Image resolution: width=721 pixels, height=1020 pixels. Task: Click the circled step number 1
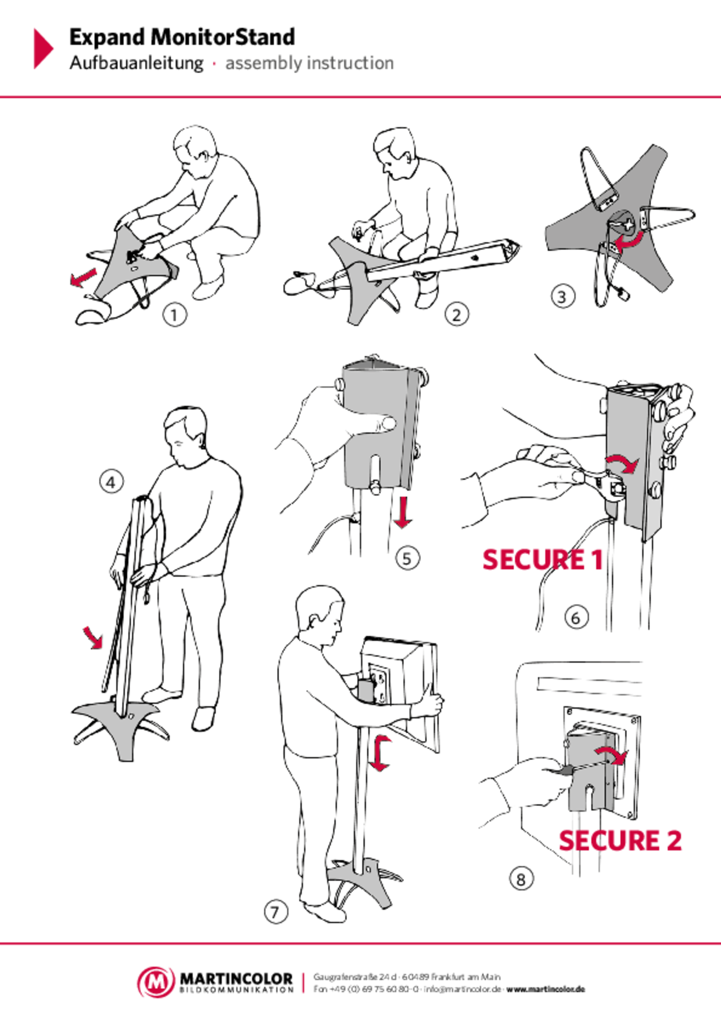[x=174, y=315]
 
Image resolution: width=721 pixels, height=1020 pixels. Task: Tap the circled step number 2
[x=457, y=315]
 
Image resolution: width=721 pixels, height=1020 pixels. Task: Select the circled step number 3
[x=562, y=296]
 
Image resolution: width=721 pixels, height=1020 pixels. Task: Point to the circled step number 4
[x=111, y=482]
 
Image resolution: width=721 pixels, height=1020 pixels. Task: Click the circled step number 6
[x=576, y=618]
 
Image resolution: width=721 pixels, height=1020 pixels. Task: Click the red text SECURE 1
[x=542, y=560]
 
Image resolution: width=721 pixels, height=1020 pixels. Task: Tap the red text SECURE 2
[x=621, y=840]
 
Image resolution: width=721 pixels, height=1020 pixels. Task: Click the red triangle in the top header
[x=43, y=48]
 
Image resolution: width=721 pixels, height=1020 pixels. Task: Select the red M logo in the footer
[x=156, y=982]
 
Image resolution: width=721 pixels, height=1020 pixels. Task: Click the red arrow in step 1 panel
[x=83, y=277]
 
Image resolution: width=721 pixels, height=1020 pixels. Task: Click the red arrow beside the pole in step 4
[x=93, y=637]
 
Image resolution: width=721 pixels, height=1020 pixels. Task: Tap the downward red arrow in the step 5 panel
[x=402, y=512]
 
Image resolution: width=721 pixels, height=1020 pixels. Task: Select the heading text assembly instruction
[x=309, y=64]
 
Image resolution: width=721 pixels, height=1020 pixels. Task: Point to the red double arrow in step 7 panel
[x=381, y=753]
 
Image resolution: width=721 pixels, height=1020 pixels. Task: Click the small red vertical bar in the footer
[x=303, y=983]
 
